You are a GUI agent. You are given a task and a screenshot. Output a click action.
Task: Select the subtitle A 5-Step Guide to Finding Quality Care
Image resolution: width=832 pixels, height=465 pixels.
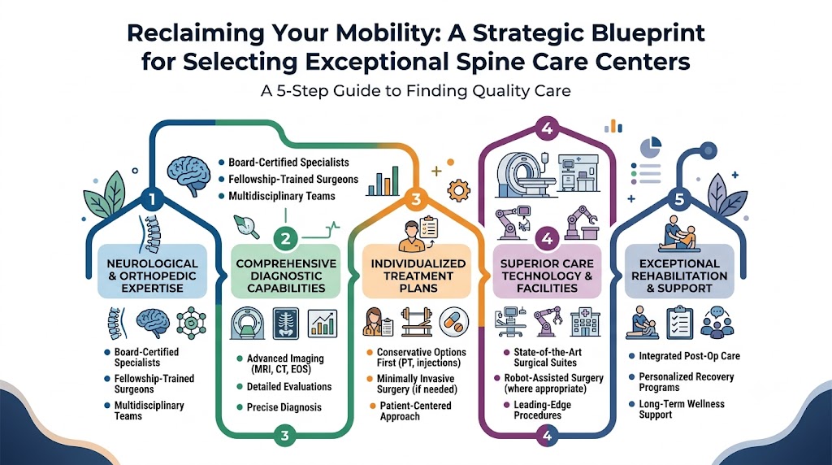415,91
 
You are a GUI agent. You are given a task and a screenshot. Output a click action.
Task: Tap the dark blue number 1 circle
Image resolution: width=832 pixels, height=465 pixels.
152,200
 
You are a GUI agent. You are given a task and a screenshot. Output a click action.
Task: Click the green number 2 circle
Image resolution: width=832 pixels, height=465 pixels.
285,238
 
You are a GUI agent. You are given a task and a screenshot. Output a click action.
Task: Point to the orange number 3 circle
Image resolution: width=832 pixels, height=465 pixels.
417,199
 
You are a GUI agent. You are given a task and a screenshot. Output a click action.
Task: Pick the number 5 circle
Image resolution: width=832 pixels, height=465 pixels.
679,200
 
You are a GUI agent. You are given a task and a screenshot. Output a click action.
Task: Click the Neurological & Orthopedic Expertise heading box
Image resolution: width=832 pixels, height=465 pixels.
152,276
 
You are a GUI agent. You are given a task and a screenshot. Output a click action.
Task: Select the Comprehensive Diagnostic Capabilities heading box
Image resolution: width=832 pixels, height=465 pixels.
286,276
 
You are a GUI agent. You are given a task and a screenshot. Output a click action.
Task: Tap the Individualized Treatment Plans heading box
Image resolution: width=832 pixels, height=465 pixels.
418,276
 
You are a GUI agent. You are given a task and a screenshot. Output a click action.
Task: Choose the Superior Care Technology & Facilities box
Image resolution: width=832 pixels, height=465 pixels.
547,276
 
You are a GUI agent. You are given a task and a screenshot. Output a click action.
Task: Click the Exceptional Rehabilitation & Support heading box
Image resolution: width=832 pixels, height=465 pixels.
679,276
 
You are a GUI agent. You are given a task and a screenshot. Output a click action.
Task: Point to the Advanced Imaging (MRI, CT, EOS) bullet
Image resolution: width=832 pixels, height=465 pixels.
280,363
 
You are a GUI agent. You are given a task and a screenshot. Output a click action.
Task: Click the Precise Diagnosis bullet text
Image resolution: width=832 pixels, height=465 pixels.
284,407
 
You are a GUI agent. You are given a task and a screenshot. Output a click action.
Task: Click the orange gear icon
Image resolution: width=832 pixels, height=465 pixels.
459,189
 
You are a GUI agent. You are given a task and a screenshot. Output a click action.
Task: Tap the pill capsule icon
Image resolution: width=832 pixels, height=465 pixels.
453,322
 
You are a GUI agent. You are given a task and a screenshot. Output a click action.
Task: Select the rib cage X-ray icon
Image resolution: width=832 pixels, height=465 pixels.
285,323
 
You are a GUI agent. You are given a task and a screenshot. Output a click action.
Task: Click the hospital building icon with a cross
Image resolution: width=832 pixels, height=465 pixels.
585,322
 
